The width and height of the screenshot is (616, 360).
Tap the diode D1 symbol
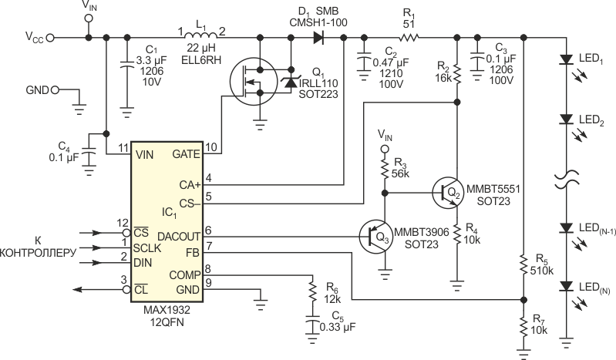318,38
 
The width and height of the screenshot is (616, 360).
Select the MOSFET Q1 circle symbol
254,82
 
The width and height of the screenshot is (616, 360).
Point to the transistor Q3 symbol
376,237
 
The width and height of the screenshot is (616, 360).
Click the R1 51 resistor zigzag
409,38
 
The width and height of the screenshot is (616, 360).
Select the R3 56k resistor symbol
385,167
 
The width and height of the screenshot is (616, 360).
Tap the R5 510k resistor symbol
523,264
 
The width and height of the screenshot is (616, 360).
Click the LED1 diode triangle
567,59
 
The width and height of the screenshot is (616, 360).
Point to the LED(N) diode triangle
567,286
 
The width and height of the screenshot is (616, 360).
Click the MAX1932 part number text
167,310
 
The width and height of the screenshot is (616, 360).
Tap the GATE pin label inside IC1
187,154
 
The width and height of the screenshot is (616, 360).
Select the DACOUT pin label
179,237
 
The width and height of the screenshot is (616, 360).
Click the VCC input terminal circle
50,38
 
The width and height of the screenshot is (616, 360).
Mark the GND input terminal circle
55,90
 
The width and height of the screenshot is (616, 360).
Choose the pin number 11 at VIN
123,148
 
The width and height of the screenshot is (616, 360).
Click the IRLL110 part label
318,83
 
